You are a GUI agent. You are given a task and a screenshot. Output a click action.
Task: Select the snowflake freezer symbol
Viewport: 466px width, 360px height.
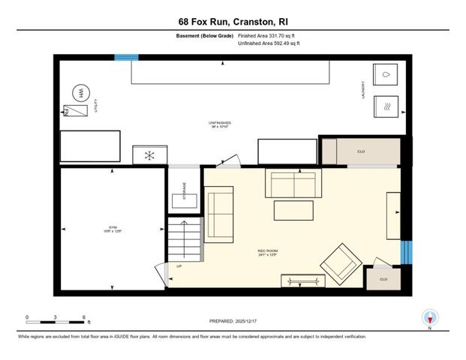click(x=149, y=155)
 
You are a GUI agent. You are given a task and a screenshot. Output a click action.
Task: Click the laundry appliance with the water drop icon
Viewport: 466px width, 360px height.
click(x=386, y=76)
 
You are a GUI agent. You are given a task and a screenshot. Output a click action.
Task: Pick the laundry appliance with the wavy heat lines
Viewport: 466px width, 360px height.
click(x=386, y=106)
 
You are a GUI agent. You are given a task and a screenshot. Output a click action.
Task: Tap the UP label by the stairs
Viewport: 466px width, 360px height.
click(x=179, y=266)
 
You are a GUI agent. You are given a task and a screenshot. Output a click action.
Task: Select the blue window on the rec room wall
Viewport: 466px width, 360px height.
click(x=406, y=252)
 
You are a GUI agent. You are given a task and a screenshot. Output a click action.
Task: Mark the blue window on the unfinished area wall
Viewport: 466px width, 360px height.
click(x=126, y=58)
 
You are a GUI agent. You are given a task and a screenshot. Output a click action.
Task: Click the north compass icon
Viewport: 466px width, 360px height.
click(x=430, y=317)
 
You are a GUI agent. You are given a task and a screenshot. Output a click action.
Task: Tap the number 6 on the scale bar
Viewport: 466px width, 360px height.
click(x=83, y=317)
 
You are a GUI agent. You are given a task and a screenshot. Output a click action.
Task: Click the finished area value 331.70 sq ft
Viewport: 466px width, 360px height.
click(x=281, y=35)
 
